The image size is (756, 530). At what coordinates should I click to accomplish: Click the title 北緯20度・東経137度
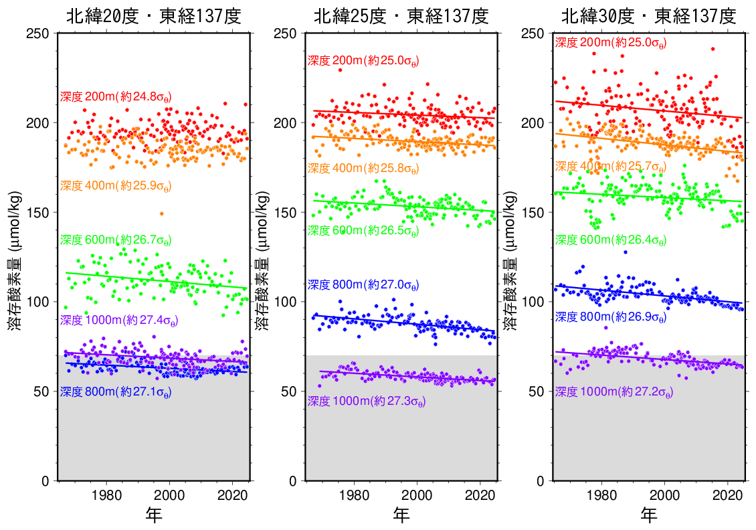click(x=154, y=16)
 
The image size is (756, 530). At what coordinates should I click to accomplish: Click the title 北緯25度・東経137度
click(x=401, y=16)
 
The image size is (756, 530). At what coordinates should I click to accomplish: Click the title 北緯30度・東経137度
click(x=649, y=16)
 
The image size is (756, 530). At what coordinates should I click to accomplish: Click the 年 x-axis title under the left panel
click(x=154, y=515)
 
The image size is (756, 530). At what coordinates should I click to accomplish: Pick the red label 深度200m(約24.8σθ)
click(x=116, y=97)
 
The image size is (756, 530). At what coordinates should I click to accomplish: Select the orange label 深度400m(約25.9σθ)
click(x=116, y=186)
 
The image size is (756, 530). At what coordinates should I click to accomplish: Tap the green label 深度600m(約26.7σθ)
click(x=116, y=240)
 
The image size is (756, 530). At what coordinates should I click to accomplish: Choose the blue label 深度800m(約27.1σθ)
click(x=116, y=392)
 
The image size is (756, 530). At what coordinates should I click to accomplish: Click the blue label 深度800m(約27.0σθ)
click(x=363, y=285)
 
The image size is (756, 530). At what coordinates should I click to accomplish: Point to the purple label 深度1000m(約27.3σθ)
click(x=367, y=402)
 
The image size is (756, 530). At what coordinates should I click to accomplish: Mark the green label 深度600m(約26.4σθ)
click(x=611, y=240)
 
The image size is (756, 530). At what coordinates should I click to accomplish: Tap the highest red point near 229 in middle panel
click(x=340, y=70)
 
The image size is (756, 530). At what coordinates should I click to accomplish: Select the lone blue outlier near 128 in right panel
click(x=626, y=252)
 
